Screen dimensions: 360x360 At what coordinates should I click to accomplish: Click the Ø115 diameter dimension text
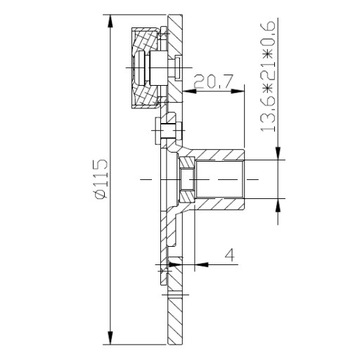click(x=101, y=179)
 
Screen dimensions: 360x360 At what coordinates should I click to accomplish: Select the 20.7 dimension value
click(x=212, y=82)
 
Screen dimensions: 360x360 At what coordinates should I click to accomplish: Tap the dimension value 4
click(x=229, y=255)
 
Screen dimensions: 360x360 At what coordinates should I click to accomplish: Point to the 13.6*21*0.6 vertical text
click(x=268, y=76)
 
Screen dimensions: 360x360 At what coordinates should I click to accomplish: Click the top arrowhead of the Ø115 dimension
click(x=111, y=21)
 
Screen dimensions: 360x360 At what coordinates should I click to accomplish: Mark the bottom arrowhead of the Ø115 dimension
click(x=111, y=338)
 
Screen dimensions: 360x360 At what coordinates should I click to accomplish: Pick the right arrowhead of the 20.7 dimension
click(x=238, y=90)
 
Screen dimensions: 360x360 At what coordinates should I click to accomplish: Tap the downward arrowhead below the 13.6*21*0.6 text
click(x=278, y=153)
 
